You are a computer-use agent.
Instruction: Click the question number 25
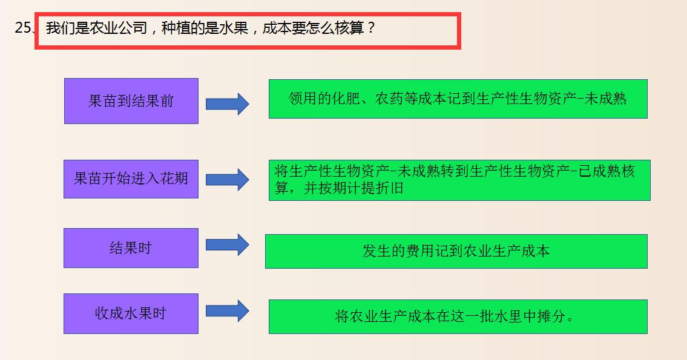pos(24,28)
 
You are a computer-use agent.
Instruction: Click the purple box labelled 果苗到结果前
pos(131,101)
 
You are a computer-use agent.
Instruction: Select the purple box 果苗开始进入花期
pos(131,178)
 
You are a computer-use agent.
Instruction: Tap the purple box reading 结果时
pos(131,248)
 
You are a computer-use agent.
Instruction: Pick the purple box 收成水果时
pos(131,313)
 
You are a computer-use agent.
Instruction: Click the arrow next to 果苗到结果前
pos(227,104)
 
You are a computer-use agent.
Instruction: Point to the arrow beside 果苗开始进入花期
pos(227,180)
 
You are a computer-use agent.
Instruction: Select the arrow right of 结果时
pos(227,245)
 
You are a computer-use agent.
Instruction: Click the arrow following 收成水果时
pos(227,311)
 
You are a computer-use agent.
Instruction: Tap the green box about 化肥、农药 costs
pos(458,99)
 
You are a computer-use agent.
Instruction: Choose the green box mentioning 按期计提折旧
pos(459,180)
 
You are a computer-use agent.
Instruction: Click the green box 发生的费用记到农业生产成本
pos(456,251)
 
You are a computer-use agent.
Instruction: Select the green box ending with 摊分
pos(458,316)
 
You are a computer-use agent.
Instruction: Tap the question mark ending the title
pos(371,28)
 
